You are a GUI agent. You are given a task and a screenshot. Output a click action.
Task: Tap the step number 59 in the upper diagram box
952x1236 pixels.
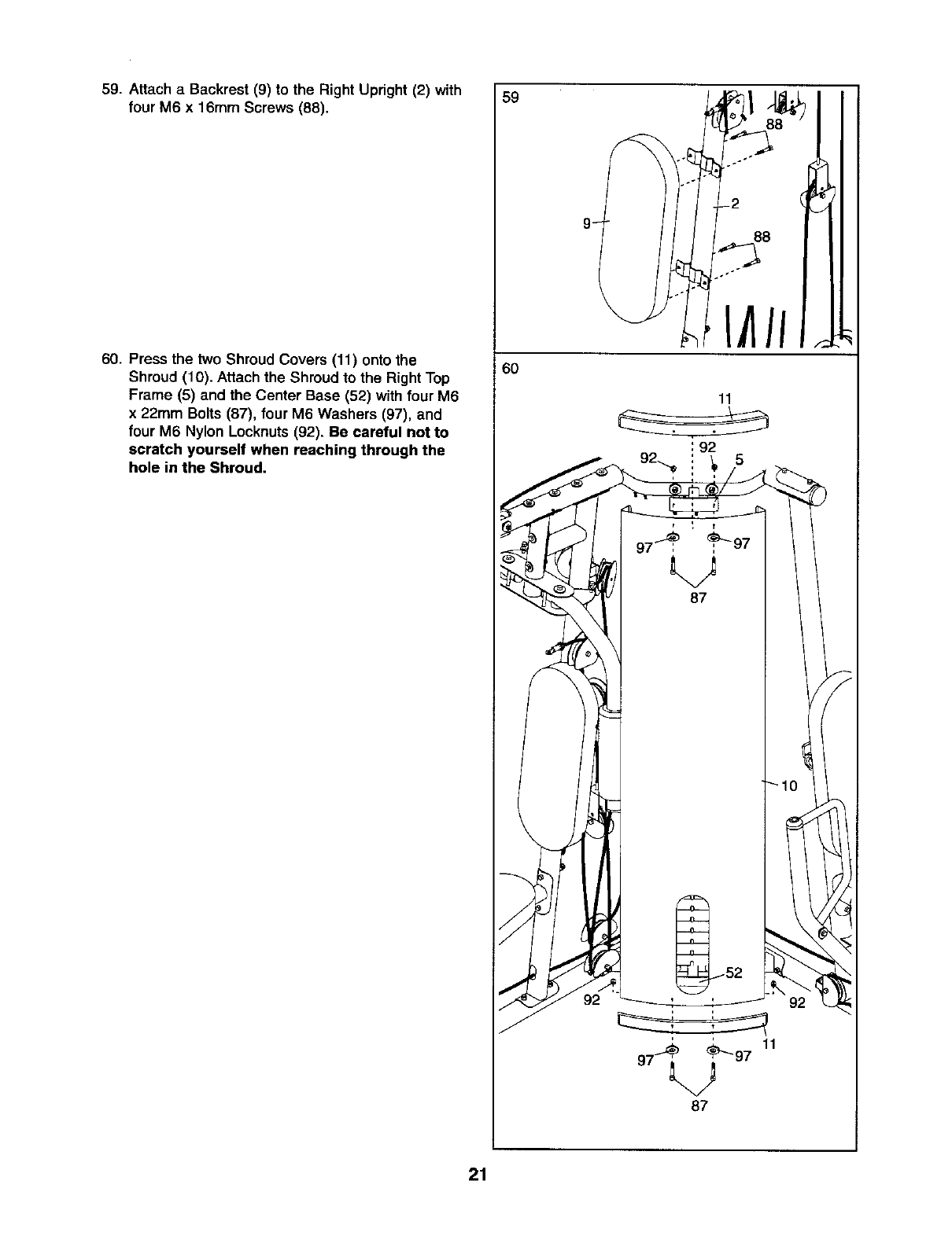pyautogui.click(x=510, y=99)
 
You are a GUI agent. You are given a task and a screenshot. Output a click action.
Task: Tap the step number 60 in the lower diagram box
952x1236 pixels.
pyautogui.click(x=510, y=370)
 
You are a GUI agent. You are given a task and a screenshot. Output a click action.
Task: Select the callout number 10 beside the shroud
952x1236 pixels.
pyautogui.click(x=789, y=785)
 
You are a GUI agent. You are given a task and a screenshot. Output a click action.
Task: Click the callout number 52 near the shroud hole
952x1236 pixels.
pyautogui.click(x=733, y=973)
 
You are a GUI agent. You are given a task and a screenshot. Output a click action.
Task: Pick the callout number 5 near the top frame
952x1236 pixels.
pyautogui.click(x=739, y=460)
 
